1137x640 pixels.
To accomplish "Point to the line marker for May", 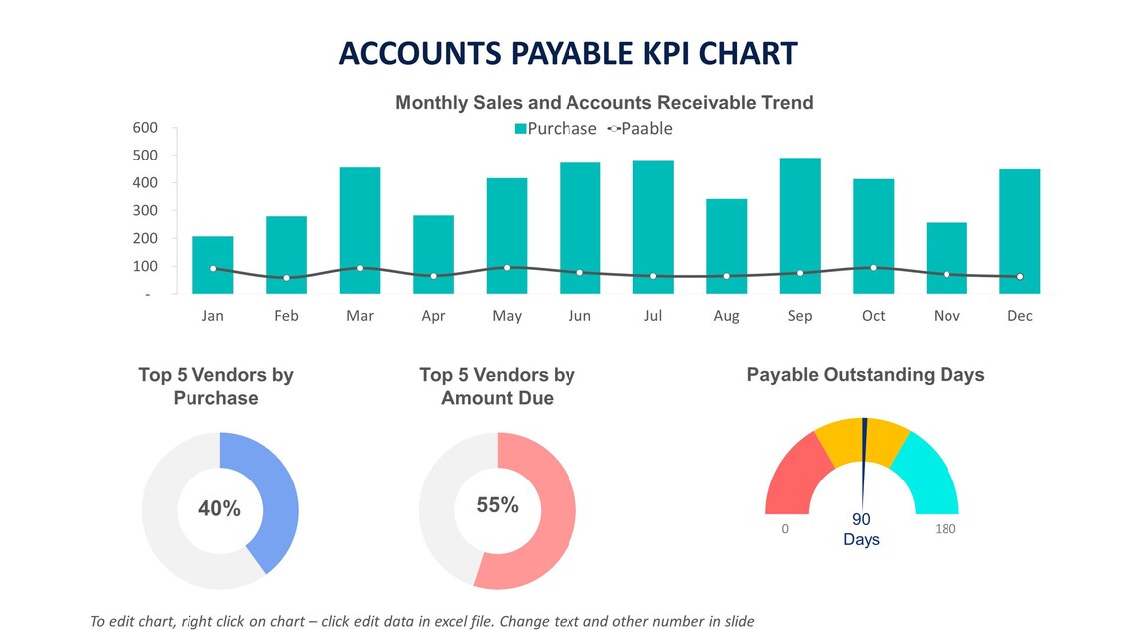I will pyautogui.click(x=507, y=267).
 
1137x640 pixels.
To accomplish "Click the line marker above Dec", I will pyautogui.click(x=1019, y=276).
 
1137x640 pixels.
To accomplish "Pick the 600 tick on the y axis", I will pyautogui.click(x=145, y=128).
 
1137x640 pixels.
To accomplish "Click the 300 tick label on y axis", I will pyautogui.click(x=145, y=211).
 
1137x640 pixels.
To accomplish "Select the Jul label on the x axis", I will pyautogui.click(x=653, y=316).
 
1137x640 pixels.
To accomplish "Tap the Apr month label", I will pyautogui.click(x=433, y=316).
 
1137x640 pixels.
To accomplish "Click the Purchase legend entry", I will pyautogui.click(x=556, y=129).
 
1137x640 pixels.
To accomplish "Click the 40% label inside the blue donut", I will pyautogui.click(x=219, y=508).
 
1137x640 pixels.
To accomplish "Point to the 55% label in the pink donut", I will pyautogui.click(x=497, y=505).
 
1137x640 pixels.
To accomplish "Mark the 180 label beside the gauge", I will pyautogui.click(x=945, y=529).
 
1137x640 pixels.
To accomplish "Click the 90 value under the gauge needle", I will pyautogui.click(x=861, y=520).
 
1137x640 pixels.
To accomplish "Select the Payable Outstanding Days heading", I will pyautogui.click(x=865, y=375).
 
